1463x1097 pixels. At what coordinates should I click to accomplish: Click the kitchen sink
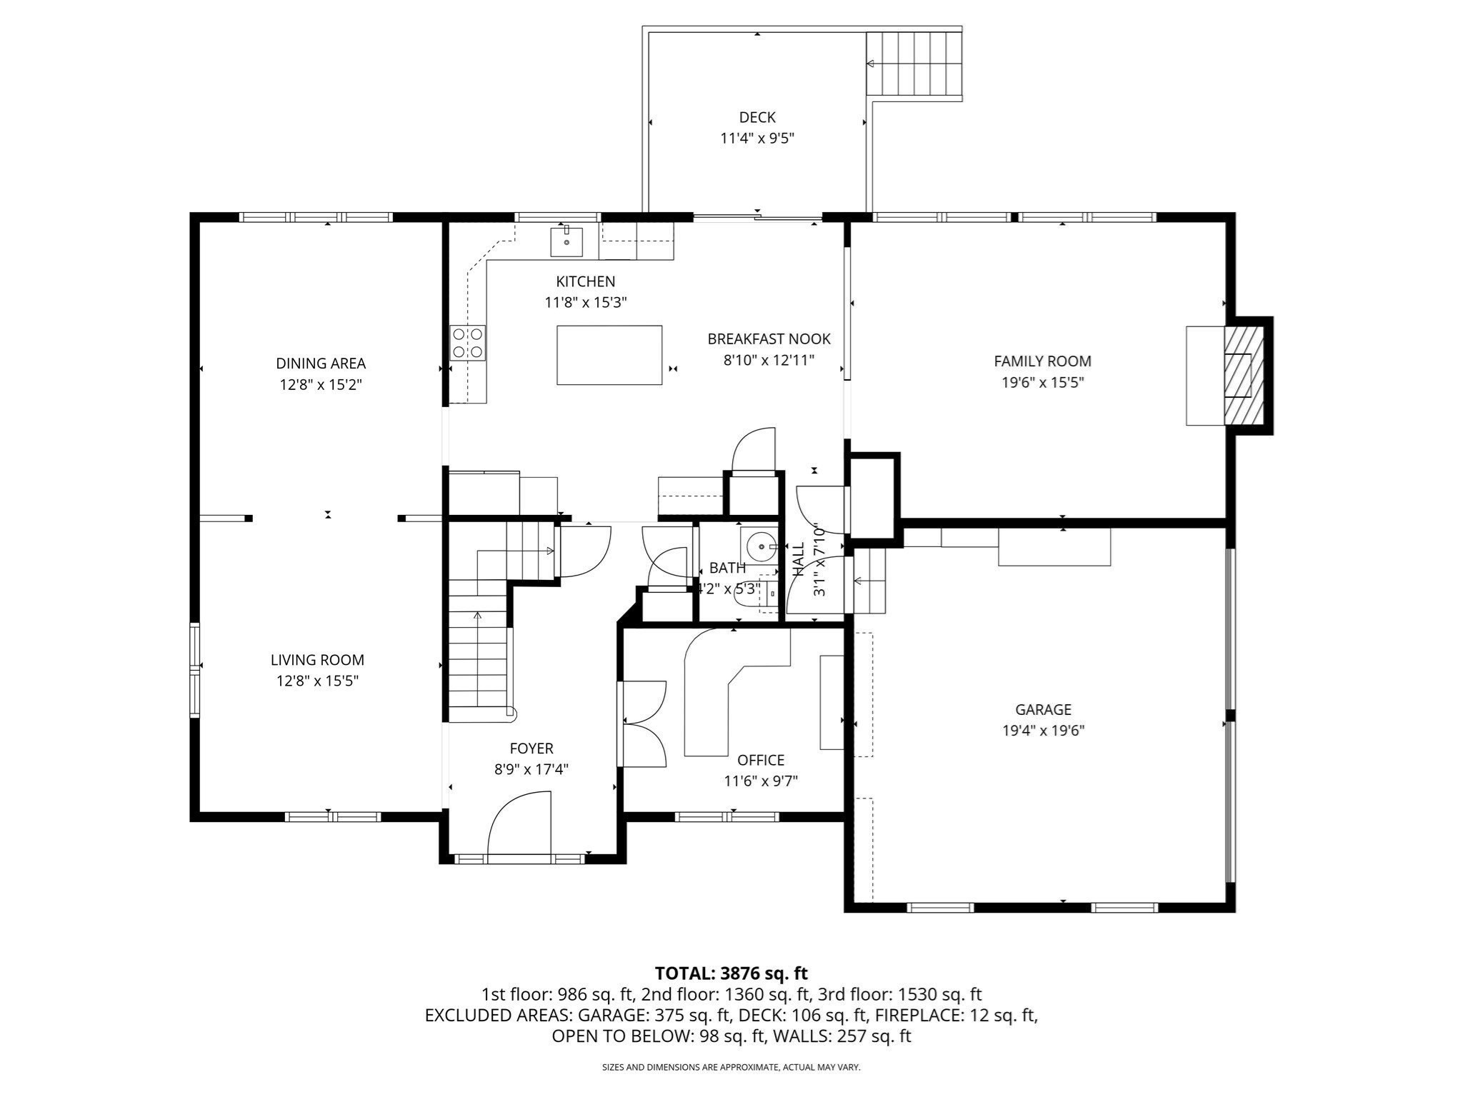566,241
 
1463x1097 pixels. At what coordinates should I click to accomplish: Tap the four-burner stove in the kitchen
468,343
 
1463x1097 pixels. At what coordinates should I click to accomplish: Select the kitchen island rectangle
609,355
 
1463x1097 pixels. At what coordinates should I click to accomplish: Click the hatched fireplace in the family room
1238,375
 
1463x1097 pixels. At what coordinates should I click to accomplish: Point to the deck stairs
914,64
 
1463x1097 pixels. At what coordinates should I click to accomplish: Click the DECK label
757,117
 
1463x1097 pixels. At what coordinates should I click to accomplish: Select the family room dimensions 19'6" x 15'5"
1042,382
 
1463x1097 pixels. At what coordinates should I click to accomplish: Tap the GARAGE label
1043,709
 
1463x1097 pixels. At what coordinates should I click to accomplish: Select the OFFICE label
761,760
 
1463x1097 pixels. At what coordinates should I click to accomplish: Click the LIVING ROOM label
317,660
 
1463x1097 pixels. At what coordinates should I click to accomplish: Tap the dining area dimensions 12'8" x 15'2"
321,385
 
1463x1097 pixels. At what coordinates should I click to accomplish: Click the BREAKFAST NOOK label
769,339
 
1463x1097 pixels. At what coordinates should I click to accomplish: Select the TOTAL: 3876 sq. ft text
731,973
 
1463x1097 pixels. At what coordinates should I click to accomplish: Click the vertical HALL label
799,559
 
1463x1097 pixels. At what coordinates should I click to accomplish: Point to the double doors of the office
643,723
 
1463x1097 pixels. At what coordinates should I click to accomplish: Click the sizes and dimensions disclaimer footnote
731,1067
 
